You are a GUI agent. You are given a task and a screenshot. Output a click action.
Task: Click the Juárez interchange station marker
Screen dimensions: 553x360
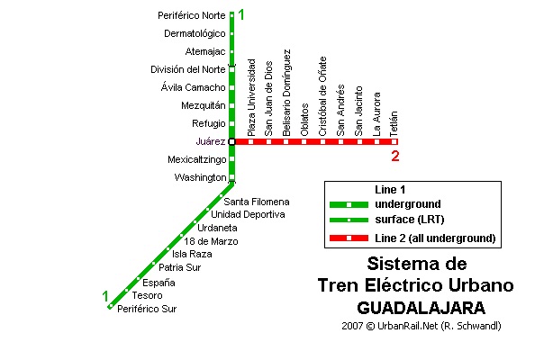point(231,141)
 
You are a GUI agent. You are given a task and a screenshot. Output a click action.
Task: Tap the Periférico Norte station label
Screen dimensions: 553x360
point(192,15)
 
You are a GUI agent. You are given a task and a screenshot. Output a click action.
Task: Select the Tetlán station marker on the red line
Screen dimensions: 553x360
point(394,141)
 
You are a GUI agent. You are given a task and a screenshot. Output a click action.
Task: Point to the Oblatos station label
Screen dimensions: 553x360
point(304,120)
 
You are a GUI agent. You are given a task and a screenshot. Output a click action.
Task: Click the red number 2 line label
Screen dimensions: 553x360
point(395,156)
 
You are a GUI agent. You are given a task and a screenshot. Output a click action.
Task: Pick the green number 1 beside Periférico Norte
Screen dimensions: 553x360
point(241,14)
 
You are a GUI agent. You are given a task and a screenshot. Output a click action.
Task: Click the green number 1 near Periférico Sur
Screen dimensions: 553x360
point(105,296)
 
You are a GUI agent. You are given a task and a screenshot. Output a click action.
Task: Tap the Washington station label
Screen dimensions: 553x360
point(200,177)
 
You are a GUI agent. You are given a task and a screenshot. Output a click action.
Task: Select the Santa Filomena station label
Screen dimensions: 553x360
point(257,202)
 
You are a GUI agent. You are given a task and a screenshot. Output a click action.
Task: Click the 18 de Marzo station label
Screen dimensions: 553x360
point(211,241)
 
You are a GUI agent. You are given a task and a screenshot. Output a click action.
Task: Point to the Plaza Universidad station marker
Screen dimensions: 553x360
point(250,141)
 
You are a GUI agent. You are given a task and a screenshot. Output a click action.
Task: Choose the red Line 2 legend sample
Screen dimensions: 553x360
point(349,238)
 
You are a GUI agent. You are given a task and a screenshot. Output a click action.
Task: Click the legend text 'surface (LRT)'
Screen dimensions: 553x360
point(410,220)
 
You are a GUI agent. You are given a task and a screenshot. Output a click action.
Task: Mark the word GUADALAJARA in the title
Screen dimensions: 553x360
point(422,308)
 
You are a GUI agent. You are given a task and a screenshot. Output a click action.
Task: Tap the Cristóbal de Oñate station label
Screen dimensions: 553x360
point(322,96)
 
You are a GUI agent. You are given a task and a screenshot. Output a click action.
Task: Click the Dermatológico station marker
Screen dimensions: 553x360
point(231,33)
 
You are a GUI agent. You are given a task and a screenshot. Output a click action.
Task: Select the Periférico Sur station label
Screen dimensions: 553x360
point(147,309)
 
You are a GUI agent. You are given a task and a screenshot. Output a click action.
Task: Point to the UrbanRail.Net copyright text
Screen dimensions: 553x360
point(422,326)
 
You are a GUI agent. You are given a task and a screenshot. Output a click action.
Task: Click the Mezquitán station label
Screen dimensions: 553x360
point(204,105)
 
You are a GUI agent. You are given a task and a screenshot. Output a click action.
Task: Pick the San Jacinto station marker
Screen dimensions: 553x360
point(359,141)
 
